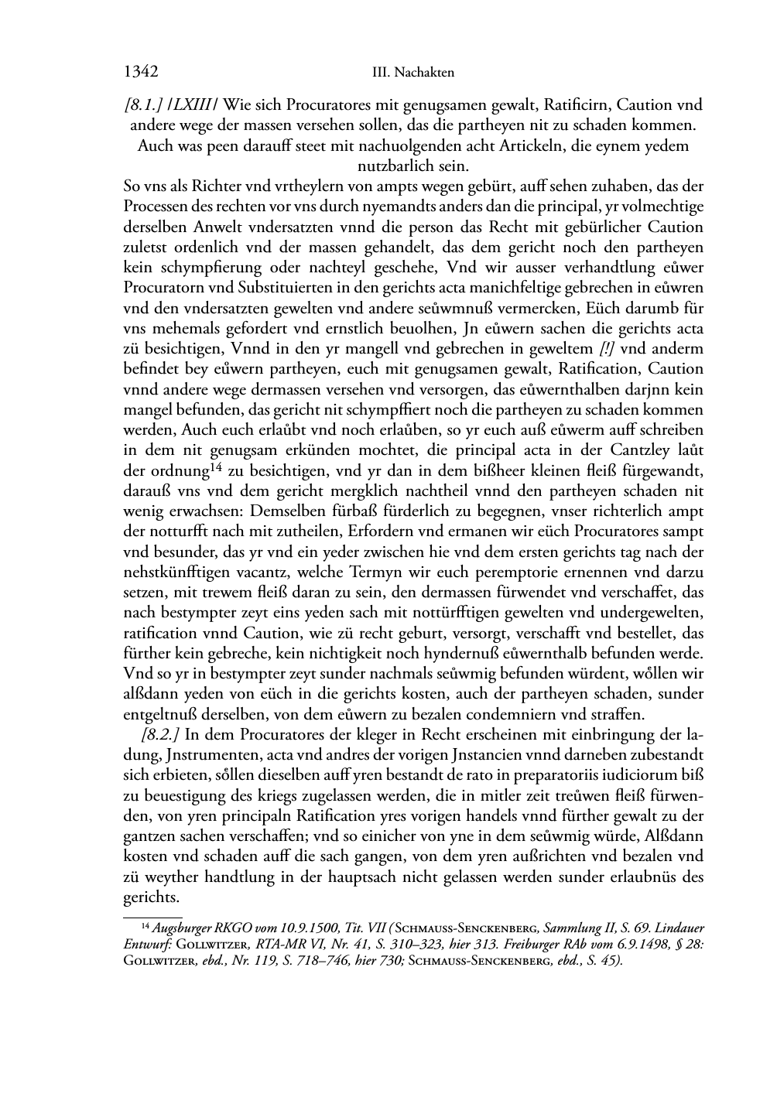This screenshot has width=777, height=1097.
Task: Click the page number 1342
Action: [x=141, y=72]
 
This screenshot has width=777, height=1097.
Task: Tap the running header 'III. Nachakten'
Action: [x=412, y=73]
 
